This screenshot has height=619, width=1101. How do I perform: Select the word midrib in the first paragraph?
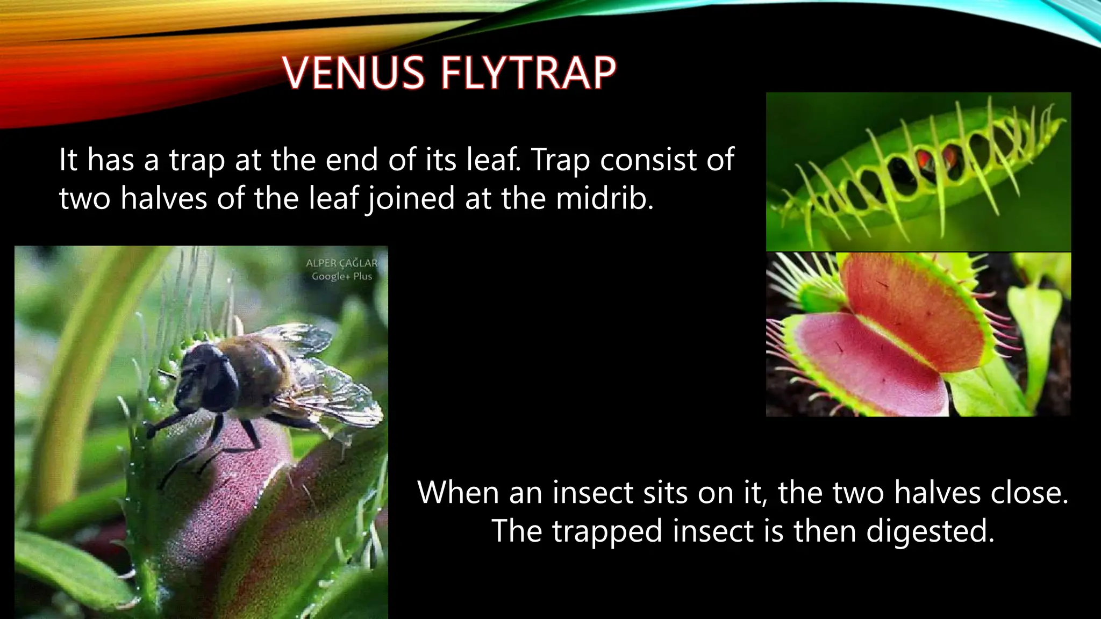pyautogui.click(x=604, y=198)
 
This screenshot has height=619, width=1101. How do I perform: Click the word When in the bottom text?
pyautogui.click(x=458, y=492)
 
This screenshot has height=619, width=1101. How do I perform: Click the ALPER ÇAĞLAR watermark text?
pyautogui.click(x=341, y=263)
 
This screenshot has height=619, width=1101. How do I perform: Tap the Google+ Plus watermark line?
pyautogui.click(x=341, y=277)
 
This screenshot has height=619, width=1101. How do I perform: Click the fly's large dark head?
pyautogui.click(x=207, y=371)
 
